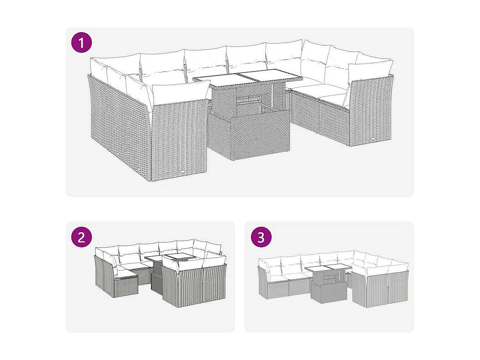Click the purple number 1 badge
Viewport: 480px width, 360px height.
82,43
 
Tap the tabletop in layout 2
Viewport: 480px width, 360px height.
170,257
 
